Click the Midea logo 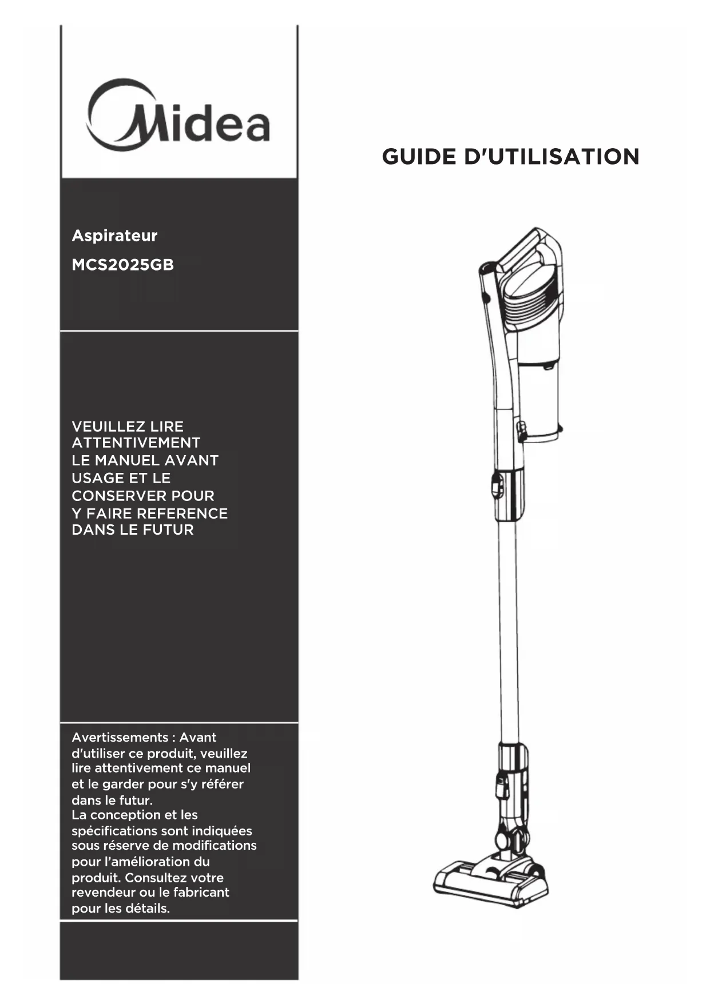(178, 117)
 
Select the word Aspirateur (114, 236)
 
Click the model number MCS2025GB (122, 265)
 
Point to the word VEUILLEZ (108, 427)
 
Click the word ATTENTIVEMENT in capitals (136, 443)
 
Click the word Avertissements (120, 738)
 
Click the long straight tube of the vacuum (508, 629)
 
